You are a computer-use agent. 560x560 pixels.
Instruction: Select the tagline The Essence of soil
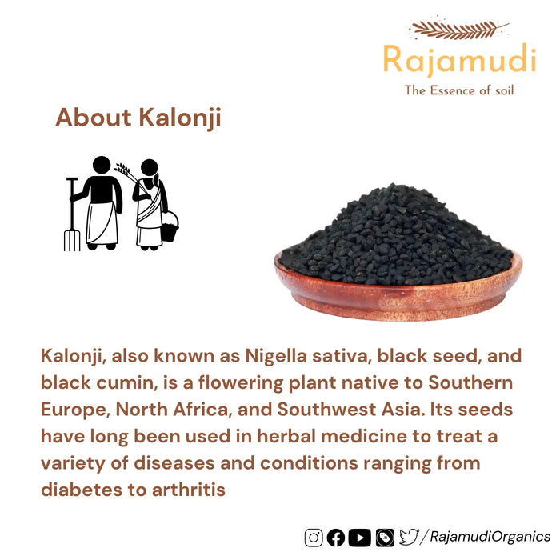point(459,90)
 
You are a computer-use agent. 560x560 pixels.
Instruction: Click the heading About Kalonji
point(138,118)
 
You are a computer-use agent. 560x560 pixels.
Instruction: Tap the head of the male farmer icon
point(102,165)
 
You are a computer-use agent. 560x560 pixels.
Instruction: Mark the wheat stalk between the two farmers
point(123,170)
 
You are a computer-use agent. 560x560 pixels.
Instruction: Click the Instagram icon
point(314,538)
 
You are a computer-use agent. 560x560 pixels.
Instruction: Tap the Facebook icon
point(337,538)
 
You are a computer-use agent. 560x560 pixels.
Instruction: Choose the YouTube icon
point(360,538)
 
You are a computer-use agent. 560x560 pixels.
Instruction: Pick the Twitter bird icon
point(409,537)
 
